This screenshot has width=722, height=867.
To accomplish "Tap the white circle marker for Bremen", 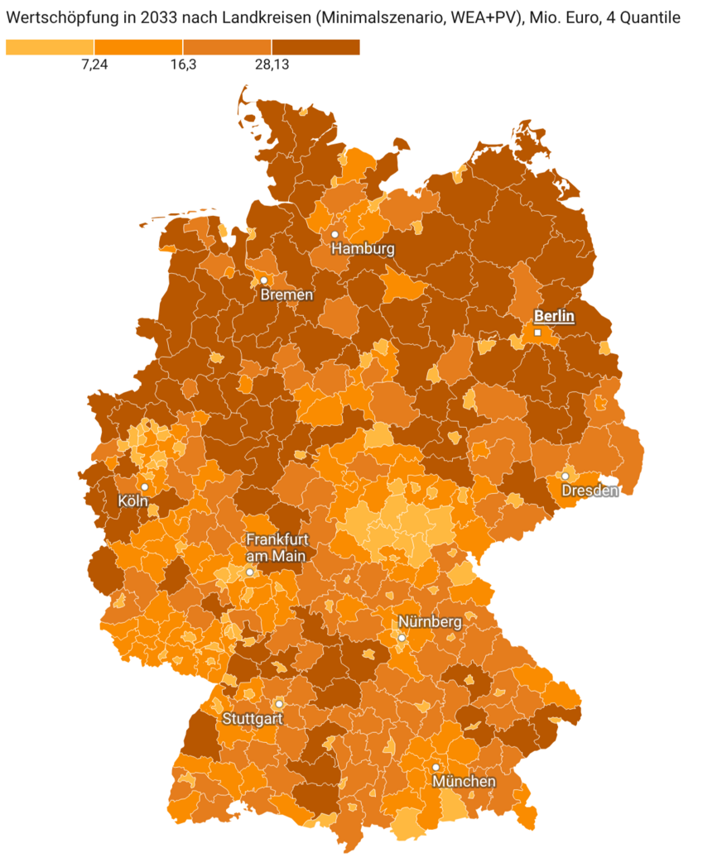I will coord(264,280).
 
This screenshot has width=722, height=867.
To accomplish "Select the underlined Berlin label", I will coord(554,316).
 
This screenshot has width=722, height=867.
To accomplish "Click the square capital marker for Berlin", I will coord(537,333).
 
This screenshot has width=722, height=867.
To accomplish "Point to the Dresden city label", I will coord(590,491).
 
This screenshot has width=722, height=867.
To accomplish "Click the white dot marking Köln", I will coord(145,487).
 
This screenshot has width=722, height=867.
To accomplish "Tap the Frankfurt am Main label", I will coord(277,548).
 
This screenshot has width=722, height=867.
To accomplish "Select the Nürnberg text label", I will coord(430,622).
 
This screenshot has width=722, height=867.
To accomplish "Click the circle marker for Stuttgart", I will coord(279,704).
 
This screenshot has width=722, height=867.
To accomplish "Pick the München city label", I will coord(464,782).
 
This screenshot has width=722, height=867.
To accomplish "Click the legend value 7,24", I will coord(95,66).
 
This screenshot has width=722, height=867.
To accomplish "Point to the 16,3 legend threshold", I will coord(183,66).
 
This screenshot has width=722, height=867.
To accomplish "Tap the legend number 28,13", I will coord(272,66).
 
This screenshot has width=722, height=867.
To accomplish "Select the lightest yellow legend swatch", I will coord(50,47).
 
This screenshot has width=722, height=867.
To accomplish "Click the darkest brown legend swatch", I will coord(315,47).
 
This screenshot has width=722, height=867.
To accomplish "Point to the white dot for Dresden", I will coord(566,477).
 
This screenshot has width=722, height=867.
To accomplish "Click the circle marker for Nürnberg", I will coord(402,638).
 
